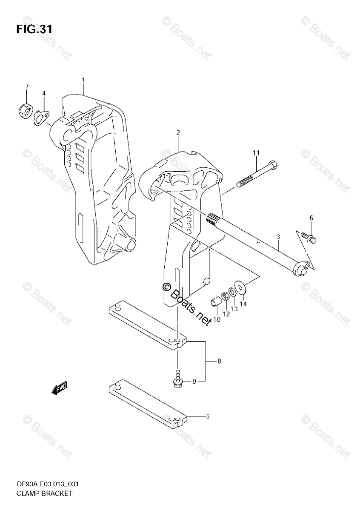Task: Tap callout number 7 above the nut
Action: pos(26,86)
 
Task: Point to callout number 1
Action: pos(83,80)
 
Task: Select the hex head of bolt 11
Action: pos(274,164)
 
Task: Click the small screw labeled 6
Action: pos(309,236)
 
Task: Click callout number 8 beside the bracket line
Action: pos(219,362)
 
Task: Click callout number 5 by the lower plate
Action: pos(207,416)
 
